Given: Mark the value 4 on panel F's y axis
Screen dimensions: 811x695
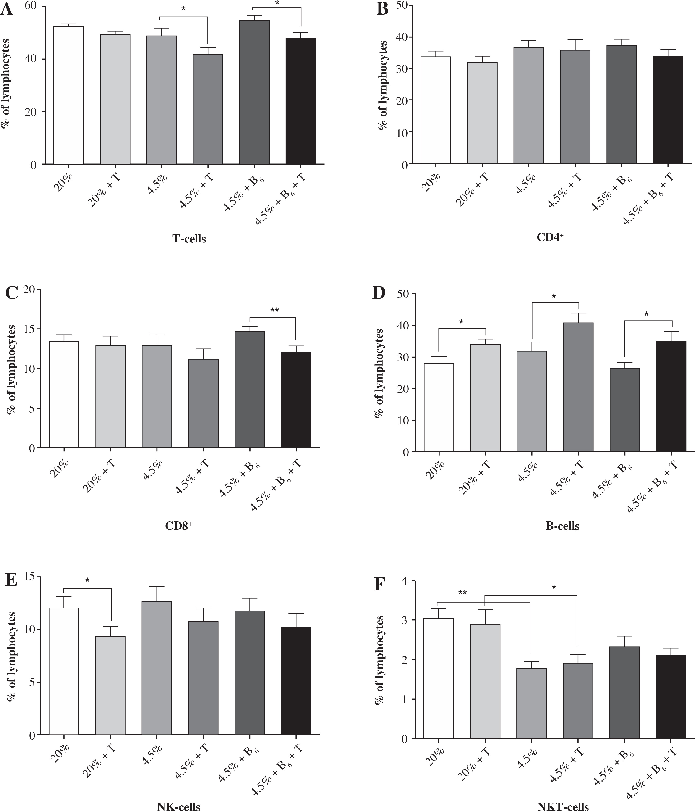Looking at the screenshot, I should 404,581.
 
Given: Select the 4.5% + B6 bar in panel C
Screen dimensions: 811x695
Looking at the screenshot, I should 250,390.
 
